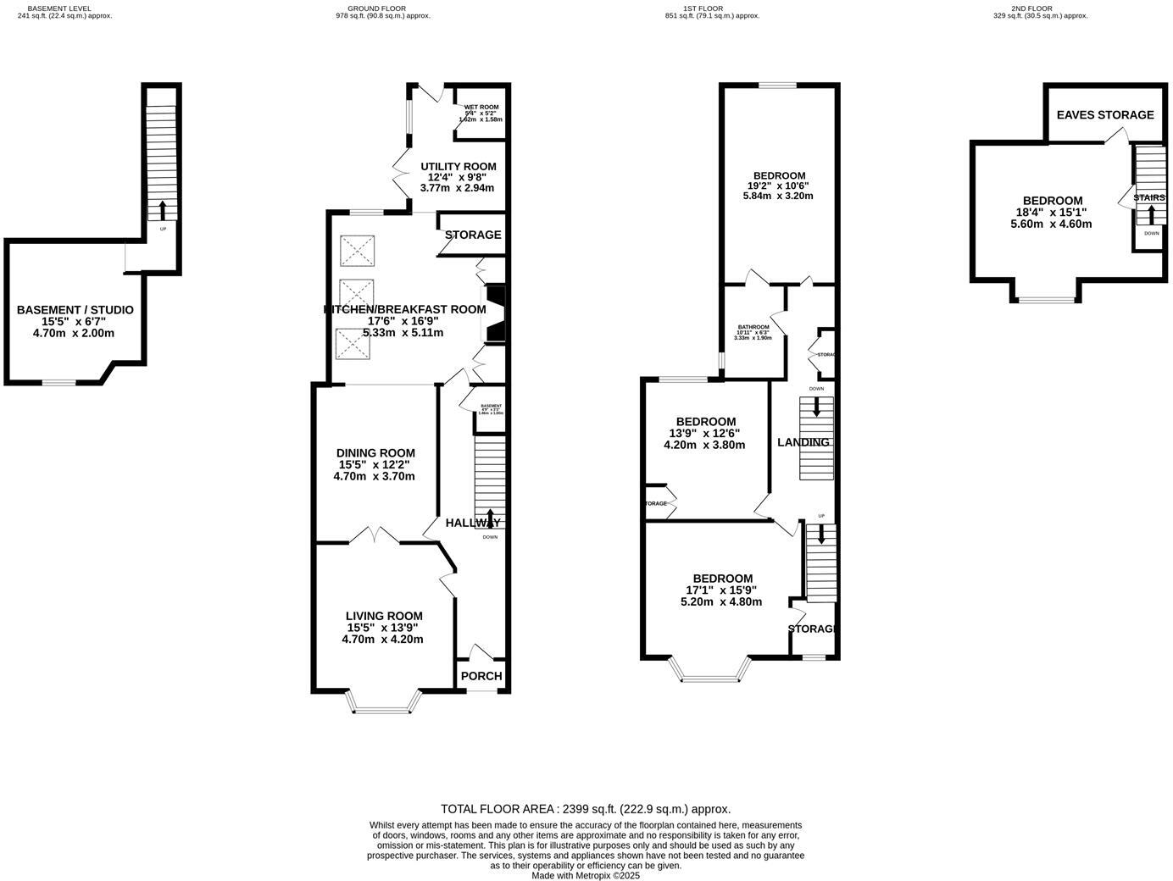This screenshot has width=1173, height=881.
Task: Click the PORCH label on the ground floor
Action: (x=481, y=676)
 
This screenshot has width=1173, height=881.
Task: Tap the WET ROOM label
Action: (x=481, y=108)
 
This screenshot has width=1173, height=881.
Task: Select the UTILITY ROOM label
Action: (x=458, y=166)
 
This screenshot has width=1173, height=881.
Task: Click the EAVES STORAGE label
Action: (x=1104, y=114)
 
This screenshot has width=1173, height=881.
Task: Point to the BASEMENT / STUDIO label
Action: (x=75, y=310)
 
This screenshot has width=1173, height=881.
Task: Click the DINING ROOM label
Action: (x=375, y=453)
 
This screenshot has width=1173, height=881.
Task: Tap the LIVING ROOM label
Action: (x=383, y=616)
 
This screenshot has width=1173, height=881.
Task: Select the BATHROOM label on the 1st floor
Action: (x=753, y=327)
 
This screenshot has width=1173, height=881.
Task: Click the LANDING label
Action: (x=803, y=442)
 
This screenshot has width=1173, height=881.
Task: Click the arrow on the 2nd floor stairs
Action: (x=1151, y=214)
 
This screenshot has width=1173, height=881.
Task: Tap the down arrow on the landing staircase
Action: (x=817, y=407)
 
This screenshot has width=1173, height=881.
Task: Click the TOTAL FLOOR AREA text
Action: (x=585, y=809)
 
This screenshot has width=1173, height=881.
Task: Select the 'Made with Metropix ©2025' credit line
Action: (x=585, y=875)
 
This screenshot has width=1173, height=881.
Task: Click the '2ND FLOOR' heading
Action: (x=1031, y=8)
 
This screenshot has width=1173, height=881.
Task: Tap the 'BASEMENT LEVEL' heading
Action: (x=59, y=8)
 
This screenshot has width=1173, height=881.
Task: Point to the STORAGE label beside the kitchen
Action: (x=473, y=235)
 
